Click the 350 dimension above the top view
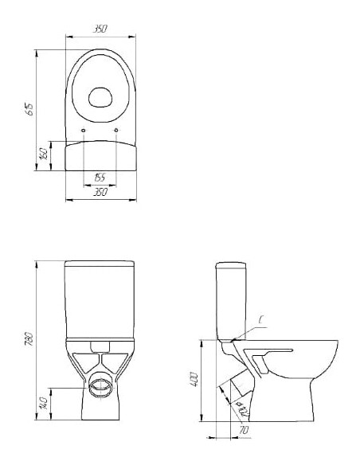pyautogui.click(x=100, y=29)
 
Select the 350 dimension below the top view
pyautogui.click(x=100, y=192)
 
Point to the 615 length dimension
pyautogui.click(x=30, y=110)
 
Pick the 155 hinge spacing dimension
pyautogui.click(x=100, y=177)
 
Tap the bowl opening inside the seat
pyautogui.click(x=100, y=98)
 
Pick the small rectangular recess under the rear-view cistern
pyautogui.click(x=100, y=346)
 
